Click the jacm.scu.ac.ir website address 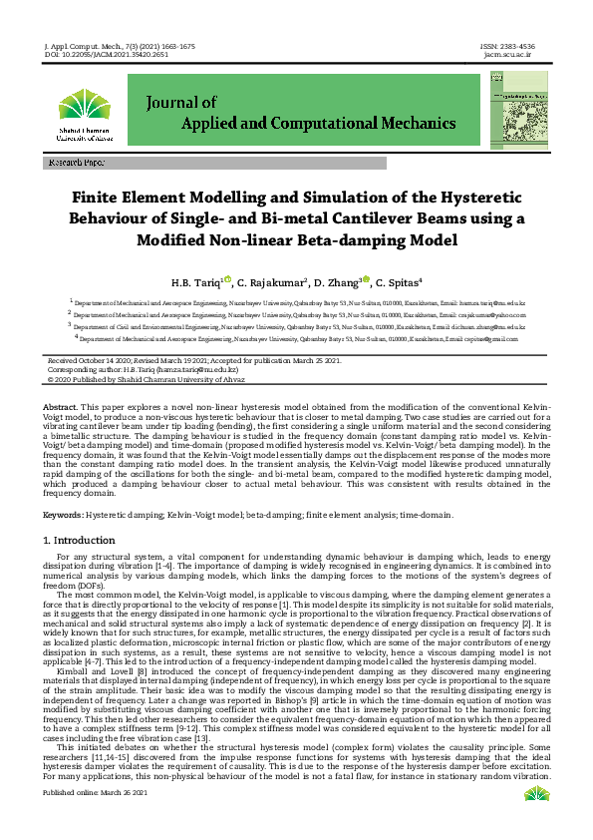pyautogui.click(x=508, y=55)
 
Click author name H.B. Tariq pyautogui.click(x=196, y=282)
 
